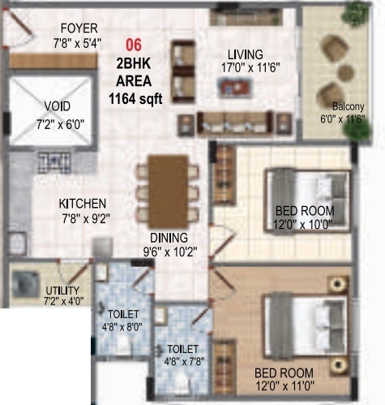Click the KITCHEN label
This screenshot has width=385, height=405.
83,204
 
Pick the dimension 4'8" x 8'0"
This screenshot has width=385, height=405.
122,326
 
